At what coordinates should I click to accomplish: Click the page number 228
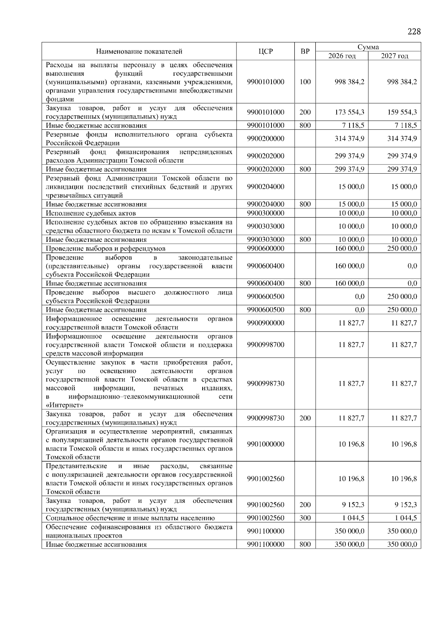coord(414,32)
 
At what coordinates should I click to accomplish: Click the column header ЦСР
coord(265,52)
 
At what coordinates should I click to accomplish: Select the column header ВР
coord(305,52)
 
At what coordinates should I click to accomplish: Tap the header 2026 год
coord(342,56)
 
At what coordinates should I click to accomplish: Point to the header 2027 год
coord(394,56)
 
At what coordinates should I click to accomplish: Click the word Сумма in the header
coord(368,47)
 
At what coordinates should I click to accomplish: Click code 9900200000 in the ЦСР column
coord(266,139)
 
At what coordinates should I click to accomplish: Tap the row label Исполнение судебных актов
coord(91,213)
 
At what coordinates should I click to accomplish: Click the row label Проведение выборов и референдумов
coord(105,248)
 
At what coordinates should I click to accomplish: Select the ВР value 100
coord(305,82)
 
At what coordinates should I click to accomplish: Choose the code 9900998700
coord(266,345)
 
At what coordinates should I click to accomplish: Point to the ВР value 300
coord(305,518)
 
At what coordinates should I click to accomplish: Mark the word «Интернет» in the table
coord(64,405)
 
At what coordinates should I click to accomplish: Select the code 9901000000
coord(266,444)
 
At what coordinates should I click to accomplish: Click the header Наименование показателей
coord(139,52)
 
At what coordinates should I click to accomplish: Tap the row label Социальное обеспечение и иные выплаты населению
coord(130,518)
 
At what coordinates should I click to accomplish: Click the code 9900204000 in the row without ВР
coord(266,187)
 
